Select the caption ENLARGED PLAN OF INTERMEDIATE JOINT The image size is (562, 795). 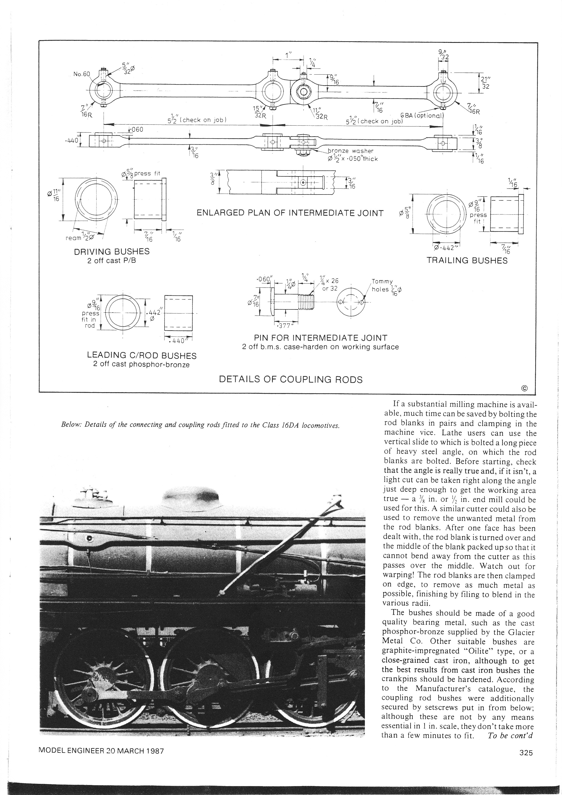click(290, 213)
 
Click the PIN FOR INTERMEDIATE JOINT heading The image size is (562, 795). click(320, 338)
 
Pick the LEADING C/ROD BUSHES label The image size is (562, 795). click(142, 356)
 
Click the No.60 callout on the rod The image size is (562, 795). click(81, 74)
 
